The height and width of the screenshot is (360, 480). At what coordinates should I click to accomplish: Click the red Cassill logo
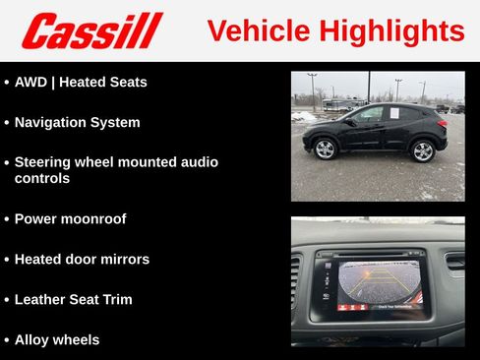(91, 30)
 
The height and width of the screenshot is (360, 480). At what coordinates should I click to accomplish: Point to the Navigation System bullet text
(77, 123)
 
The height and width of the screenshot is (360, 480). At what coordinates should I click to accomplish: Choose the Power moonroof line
(70, 219)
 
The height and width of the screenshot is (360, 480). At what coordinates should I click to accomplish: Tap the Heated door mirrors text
(82, 260)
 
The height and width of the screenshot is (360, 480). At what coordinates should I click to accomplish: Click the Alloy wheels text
(57, 340)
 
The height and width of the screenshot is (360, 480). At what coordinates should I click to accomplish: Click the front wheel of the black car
(325, 150)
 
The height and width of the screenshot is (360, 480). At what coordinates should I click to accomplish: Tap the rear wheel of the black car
(423, 150)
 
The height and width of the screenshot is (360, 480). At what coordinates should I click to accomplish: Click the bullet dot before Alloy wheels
(6, 340)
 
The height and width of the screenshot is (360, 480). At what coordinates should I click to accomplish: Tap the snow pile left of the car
(303, 116)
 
